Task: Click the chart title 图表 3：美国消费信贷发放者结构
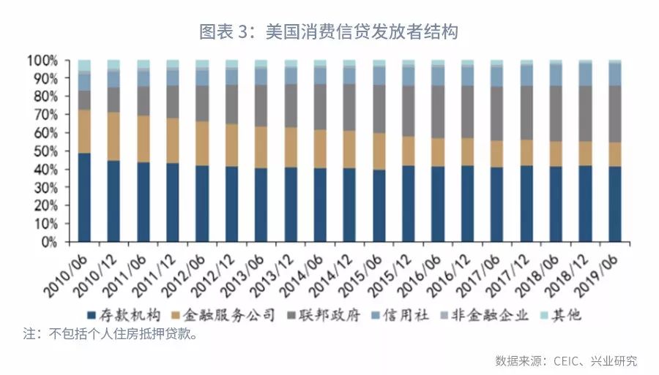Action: click(x=329, y=31)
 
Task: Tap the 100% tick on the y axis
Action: click(x=42, y=60)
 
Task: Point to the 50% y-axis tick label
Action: click(x=45, y=151)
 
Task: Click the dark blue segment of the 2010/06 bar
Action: click(x=84, y=197)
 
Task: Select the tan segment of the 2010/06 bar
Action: click(x=84, y=132)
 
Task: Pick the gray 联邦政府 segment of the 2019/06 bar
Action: click(x=615, y=114)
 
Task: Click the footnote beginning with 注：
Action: click(x=110, y=335)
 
